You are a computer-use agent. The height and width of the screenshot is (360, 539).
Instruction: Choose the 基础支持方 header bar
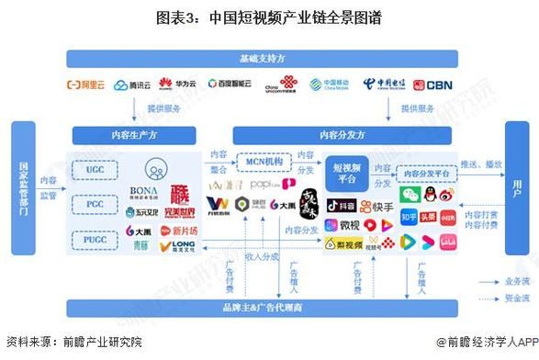[270, 58]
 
